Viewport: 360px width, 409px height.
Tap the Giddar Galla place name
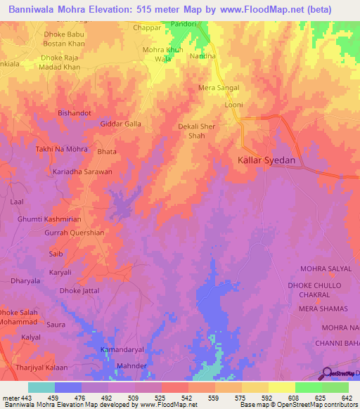120,124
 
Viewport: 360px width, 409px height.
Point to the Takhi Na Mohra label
61,149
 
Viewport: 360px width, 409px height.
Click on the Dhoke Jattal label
79,290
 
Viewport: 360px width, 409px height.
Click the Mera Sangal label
219,88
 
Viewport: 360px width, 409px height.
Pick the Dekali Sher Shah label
196,131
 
